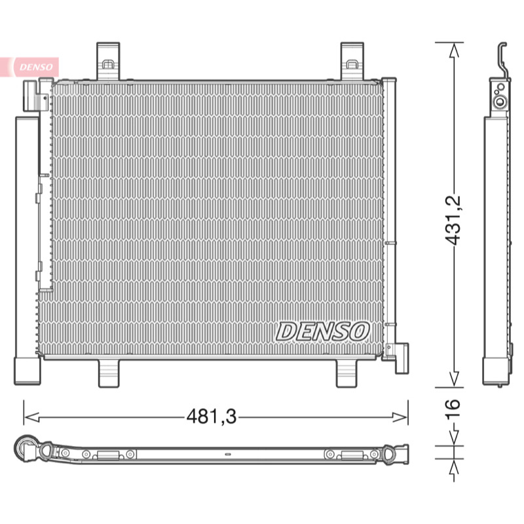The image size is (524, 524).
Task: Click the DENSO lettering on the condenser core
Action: (x=322, y=331)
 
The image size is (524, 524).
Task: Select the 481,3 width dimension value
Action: (x=212, y=417)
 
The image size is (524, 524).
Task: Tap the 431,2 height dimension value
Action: (x=453, y=220)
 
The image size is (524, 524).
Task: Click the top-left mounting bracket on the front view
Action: (x=108, y=61)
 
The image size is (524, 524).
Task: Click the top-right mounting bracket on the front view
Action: (x=352, y=61)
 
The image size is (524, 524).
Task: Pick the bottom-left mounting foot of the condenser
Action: (x=109, y=373)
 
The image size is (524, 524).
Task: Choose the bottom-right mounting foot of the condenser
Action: (x=346, y=373)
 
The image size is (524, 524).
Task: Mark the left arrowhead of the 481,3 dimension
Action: (x=31, y=417)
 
